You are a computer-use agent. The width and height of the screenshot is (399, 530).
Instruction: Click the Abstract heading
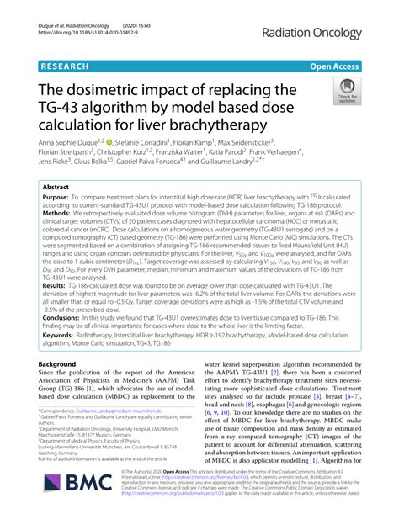coord(56,187)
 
